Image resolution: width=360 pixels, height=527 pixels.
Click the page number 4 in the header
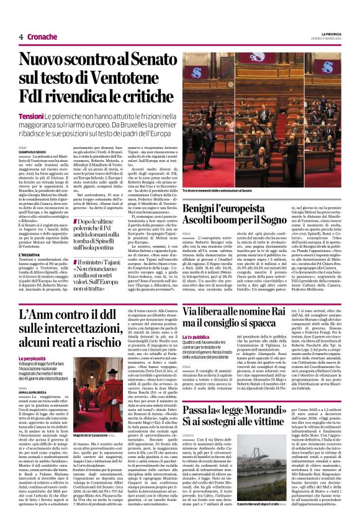(20, 37)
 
